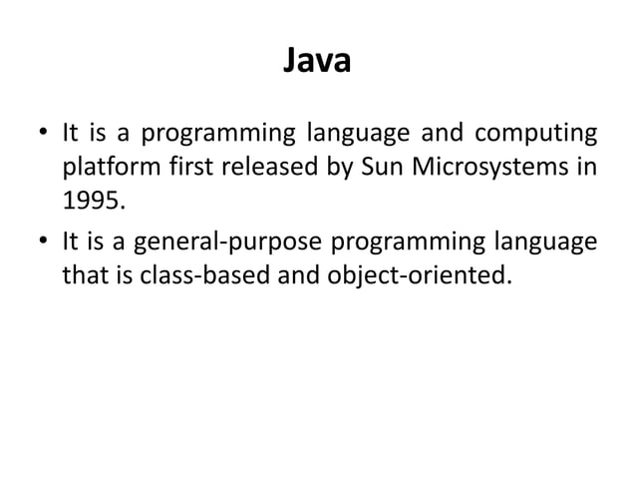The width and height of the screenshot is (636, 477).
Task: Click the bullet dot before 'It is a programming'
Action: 44,133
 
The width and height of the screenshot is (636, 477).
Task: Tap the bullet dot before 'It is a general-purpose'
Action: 44,240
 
